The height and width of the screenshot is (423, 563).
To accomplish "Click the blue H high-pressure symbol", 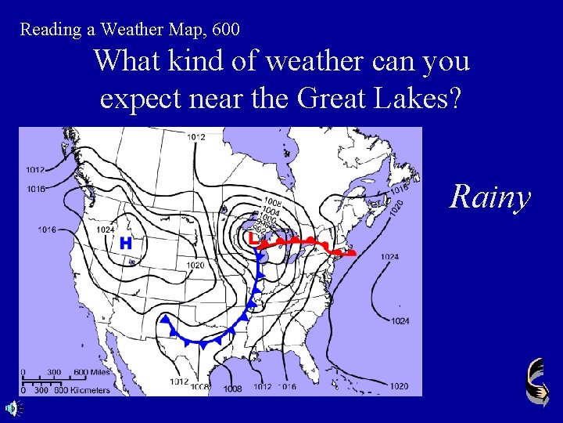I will tap(126, 244).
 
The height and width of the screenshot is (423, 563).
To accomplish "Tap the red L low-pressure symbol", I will tap(252, 237).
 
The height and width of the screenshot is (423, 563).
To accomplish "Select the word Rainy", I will tap(489, 197).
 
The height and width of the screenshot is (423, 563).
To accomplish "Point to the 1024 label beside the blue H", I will tap(107, 230).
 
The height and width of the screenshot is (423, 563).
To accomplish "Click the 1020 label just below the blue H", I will tap(195, 266).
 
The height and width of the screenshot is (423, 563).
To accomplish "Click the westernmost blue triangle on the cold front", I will tap(166, 319).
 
